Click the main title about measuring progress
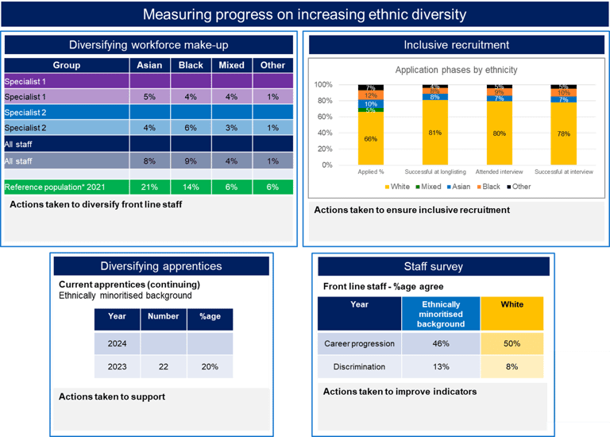pos(304,15)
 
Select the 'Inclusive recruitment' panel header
pos(456,45)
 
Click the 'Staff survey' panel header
pos(433,266)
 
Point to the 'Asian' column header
pos(150,65)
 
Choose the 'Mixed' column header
pos(232,65)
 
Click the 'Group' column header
pos(66,65)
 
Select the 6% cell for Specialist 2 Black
pos(191,128)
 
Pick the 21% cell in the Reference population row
pos(150,187)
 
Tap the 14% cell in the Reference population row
pos(191,187)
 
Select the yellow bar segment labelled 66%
pos(370,139)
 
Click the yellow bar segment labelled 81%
pos(434,133)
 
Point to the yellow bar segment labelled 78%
pos(563,134)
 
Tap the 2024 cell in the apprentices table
pos(117,343)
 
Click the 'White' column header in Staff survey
pos(512,304)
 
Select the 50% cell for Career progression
pos(512,343)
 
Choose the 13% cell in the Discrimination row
pos(440,366)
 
